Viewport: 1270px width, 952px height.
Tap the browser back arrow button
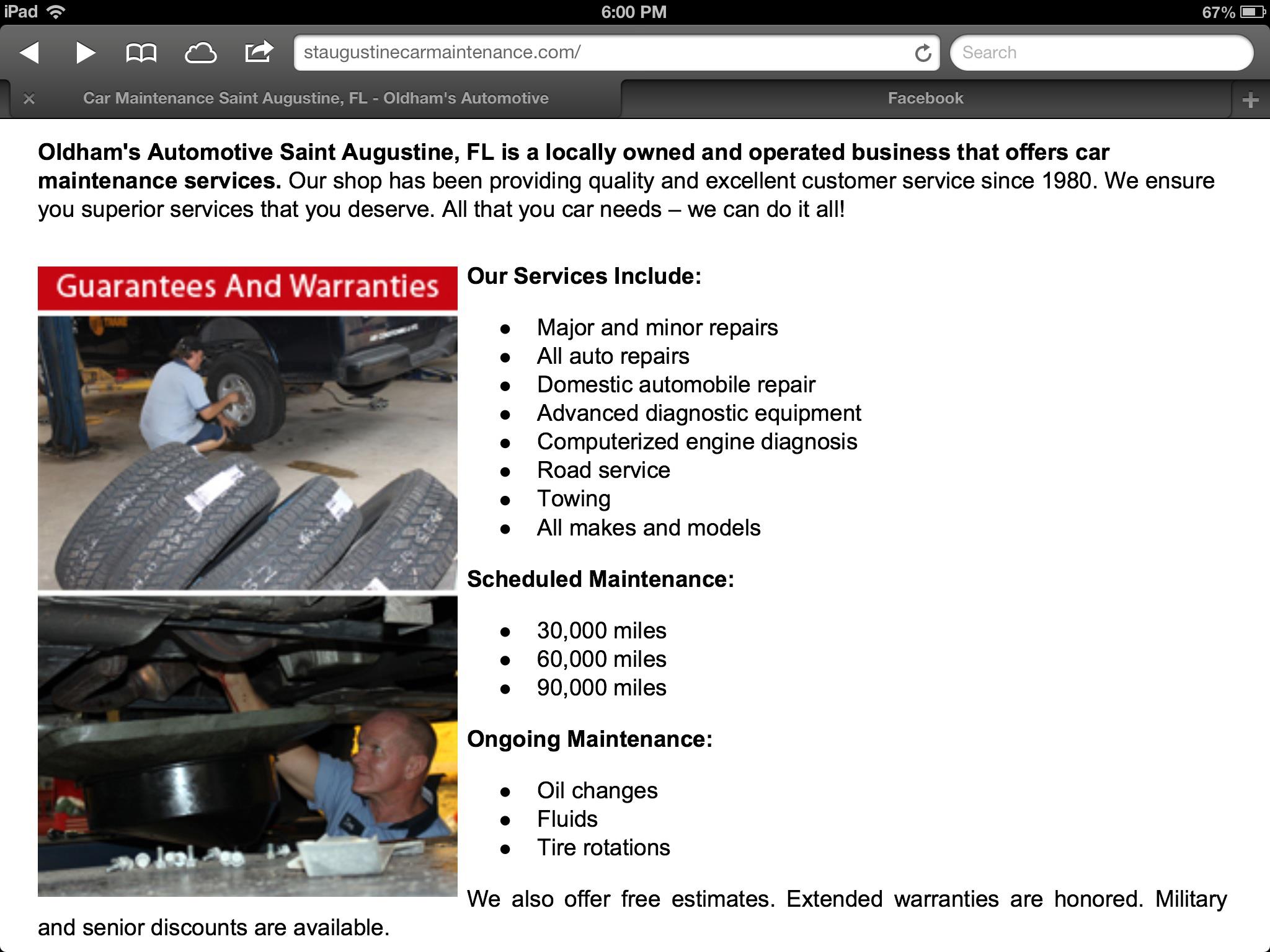(30, 53)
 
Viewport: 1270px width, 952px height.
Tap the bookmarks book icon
(141, 53)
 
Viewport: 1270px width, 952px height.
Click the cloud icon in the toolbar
(200, 53)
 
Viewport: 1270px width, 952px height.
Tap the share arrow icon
(259, 51)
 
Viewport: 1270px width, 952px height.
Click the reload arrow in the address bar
(923, 53)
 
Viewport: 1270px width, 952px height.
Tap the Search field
(1101, 53)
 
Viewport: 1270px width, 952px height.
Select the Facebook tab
(925, 98)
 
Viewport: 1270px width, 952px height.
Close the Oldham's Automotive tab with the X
(29, 99)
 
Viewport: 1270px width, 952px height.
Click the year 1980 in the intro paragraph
(1066, 181)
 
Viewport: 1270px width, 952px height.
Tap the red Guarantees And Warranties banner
(247, 288)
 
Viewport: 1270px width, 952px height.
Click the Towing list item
(574, 499)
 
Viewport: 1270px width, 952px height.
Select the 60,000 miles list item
(602, 659)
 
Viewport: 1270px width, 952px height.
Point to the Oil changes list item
(597, 791)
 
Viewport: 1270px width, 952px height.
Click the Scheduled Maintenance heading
(600, 580)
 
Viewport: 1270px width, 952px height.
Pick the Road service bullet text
(603, 470)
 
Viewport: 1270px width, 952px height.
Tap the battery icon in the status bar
(1253, 12)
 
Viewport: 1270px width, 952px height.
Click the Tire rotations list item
(603, 848)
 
